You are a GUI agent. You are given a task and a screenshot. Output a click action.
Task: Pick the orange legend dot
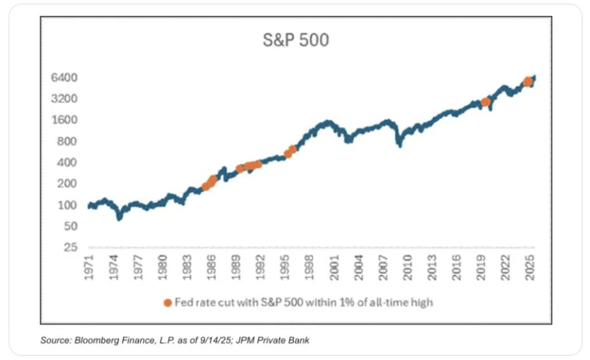168,302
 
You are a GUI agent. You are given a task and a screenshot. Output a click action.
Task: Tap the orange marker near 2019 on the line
486,102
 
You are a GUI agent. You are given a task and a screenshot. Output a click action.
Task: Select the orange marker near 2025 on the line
528,82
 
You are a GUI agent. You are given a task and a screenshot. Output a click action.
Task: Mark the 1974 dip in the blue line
119,217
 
